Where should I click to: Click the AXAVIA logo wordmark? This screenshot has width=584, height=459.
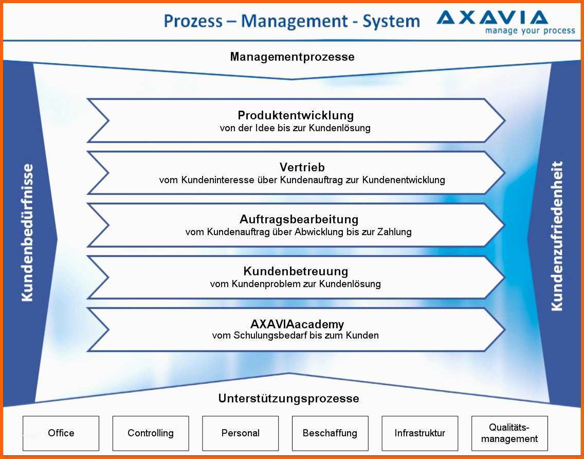tap(492, 17)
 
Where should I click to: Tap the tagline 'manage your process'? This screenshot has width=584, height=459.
tap(530, 30)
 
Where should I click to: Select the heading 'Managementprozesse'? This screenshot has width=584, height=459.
tap(293, 57)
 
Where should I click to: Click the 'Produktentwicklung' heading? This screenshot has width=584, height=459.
tap(296, 115)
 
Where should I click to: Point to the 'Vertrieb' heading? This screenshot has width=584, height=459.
tap(302, 167)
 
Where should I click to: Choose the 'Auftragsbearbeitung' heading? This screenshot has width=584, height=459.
tap(299, 219)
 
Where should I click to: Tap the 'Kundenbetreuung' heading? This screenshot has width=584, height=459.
tap(296, 271)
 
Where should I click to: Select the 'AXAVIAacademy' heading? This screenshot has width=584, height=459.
tap(297, 324)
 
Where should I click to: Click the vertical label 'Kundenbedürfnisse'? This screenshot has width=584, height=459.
tap(27, 233)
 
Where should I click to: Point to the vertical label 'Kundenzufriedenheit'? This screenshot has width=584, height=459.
tap(556, 236)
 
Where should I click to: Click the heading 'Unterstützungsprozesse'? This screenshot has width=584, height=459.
tap(288, 399)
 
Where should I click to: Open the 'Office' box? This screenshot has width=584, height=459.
tap(61, 433)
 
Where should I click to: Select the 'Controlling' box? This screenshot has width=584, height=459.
tap(151, 433)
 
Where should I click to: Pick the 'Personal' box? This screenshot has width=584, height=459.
tap(240, 433)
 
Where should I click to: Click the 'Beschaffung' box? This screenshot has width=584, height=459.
tap(330, 433)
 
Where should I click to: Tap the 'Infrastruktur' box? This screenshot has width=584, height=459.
tap(419, 433)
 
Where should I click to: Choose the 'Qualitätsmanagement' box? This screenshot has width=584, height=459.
tap(509, 433)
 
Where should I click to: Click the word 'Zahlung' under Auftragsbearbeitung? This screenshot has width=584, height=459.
tap(394, 232)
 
